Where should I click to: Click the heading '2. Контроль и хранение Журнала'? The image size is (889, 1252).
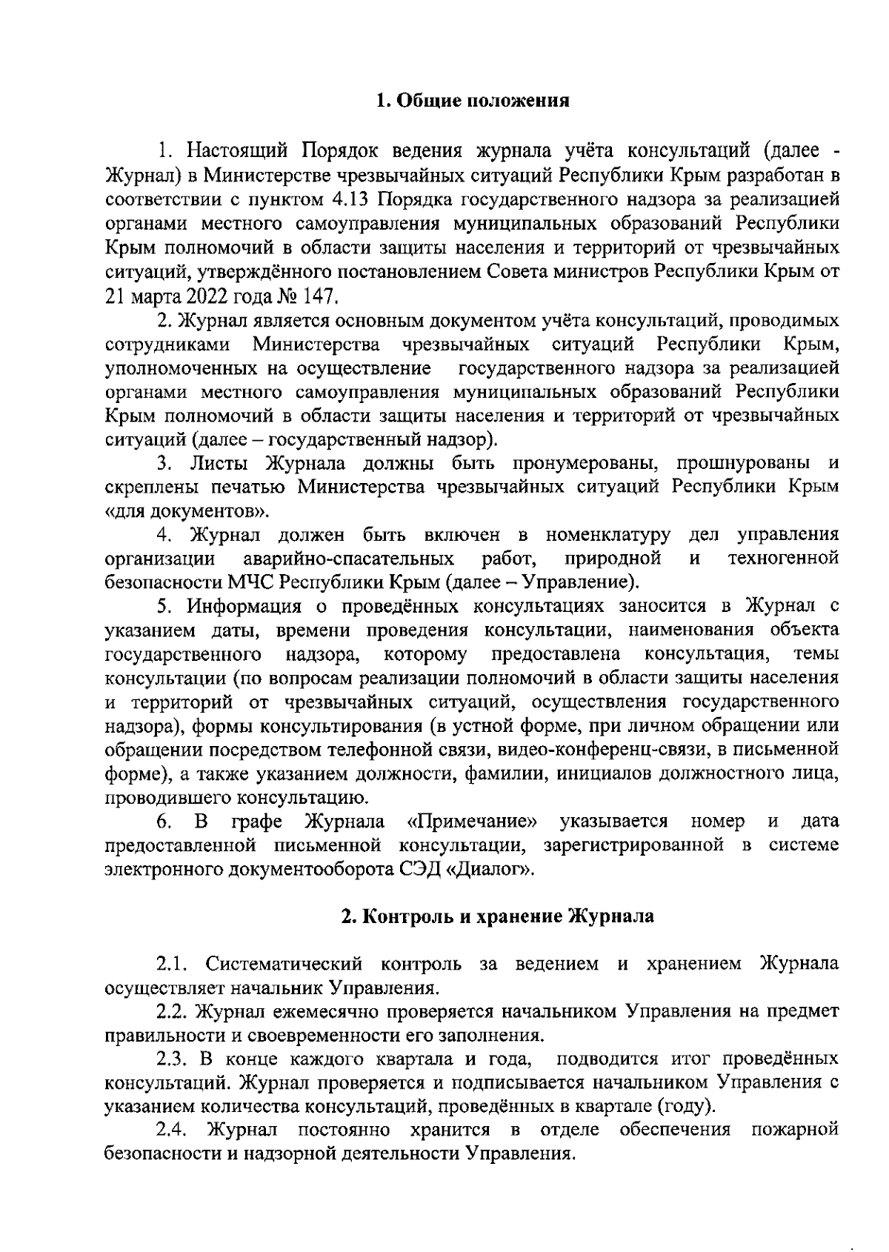click(x=497, y=916)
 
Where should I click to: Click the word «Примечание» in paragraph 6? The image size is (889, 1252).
click(x=473, y=822)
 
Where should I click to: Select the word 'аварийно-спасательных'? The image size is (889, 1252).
click(x=349, y=558)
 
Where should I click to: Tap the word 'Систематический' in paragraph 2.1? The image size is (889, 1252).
click(x=285, y=964)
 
